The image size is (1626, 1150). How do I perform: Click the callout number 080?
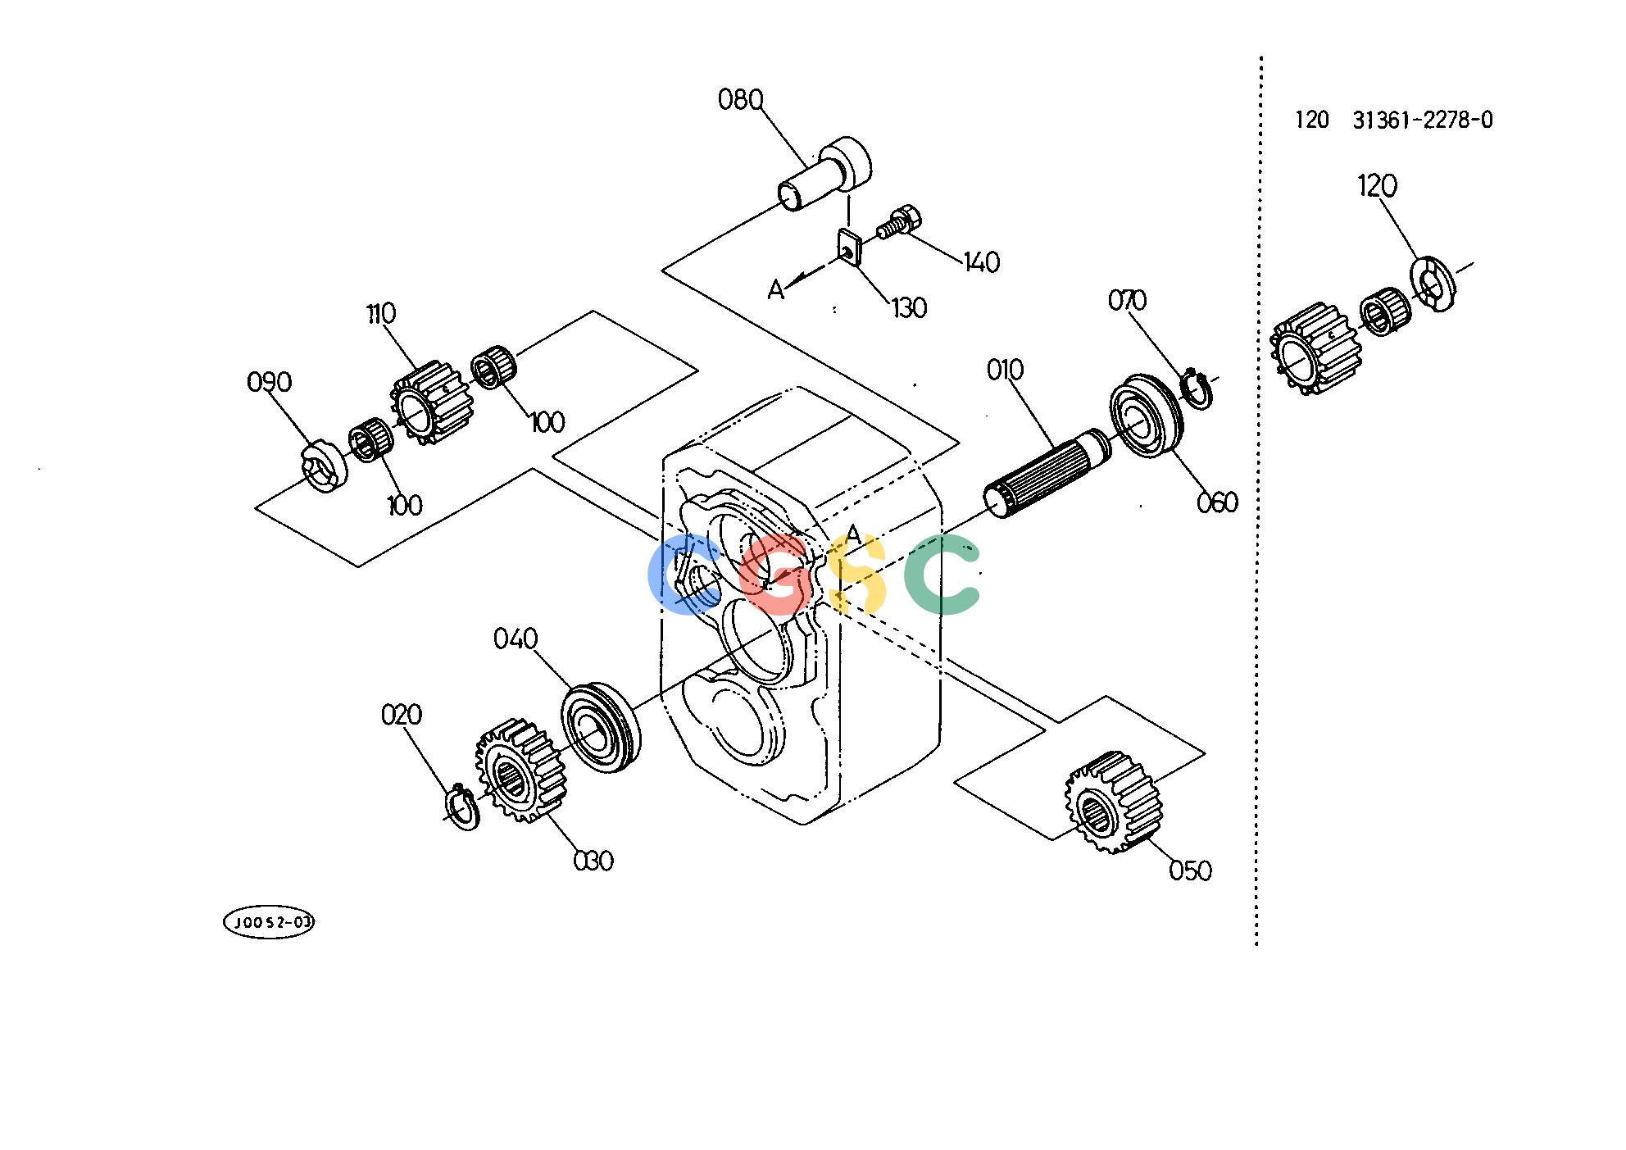click(740, 100)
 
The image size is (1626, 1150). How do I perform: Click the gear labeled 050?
click(1114, 802)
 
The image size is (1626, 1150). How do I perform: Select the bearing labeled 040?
click(601, 727)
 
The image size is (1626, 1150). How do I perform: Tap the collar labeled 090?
click(323, 466)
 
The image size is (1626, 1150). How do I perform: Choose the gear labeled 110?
click(427, 405)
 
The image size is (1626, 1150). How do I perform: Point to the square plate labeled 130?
click(848, 249)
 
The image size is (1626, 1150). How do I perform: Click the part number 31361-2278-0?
click(1423, 120)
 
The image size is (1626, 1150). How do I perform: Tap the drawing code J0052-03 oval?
click(269, 923)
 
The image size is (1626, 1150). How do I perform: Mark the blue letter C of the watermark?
click(682, 576)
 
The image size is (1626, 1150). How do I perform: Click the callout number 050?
click(1189, 870)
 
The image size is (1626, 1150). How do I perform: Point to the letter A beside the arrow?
click(776, 289)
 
